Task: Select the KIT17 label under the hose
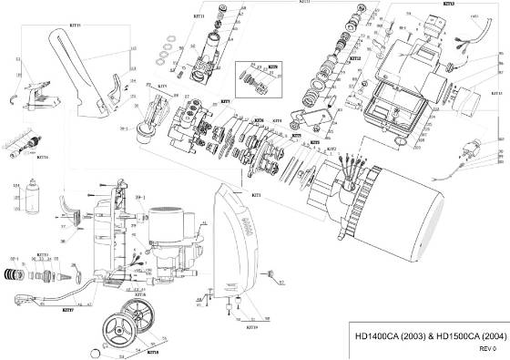click(67, 309)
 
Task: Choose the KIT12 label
click(355, 58)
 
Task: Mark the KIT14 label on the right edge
click(496, 93)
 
